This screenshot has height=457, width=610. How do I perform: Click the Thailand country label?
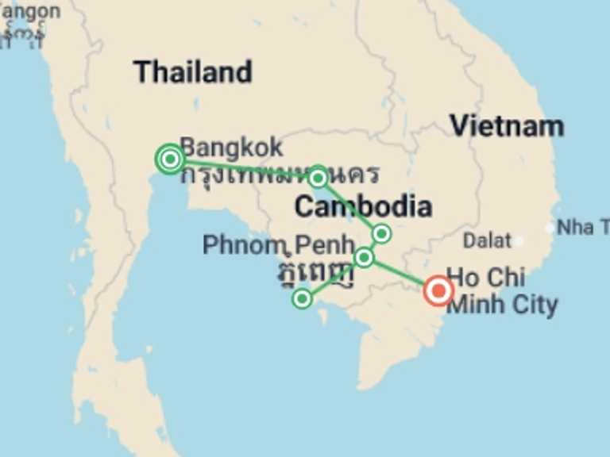click(x=192, y=72)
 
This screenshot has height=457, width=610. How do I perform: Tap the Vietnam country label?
click(x=506, y=125)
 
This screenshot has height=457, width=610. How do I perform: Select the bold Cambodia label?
click(x=363, y=207)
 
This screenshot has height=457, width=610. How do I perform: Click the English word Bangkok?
click(x=231, y=147)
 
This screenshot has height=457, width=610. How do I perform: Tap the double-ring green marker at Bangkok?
click(x=170, y=159)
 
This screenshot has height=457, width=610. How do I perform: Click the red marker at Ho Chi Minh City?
click(x=438, y=290)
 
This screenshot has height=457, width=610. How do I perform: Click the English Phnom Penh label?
click(x=278, y=245)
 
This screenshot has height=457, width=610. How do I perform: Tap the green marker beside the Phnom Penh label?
click(x=364, y=257)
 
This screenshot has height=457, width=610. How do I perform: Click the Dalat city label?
click(x=487, y=240)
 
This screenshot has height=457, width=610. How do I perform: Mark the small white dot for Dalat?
click(x=518, y=240)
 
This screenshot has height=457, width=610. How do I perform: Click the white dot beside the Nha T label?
click(x=550, y=228)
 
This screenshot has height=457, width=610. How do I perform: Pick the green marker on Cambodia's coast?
click(x=302, y=298)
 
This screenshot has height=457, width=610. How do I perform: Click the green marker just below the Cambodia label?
click(x=381, y=233)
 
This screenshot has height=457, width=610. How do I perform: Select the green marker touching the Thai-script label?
click(x=318, y=177)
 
